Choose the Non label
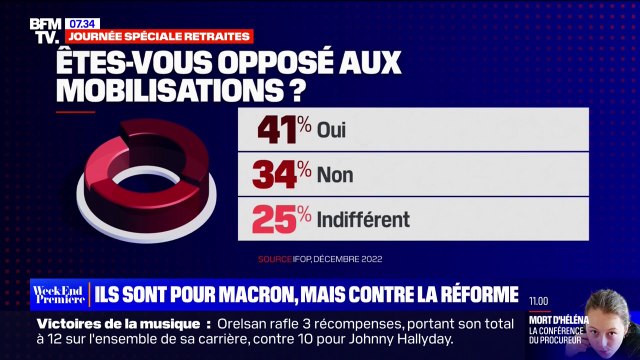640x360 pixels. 335,175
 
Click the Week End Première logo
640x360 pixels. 59,295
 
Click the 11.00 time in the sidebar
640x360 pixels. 539,299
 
